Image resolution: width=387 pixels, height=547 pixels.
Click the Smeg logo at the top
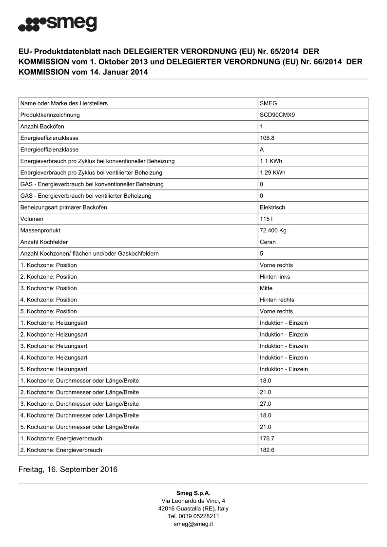(57, 24)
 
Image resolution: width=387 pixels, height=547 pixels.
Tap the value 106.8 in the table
(267, 138)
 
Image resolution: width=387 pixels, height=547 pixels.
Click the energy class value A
(262, 150)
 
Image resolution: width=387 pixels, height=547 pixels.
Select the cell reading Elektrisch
(272, 207)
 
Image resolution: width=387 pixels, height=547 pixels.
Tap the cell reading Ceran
(268, 242)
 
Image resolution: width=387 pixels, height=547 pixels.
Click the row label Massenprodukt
(40, 230)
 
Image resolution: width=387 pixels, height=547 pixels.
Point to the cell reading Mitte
(266, 288)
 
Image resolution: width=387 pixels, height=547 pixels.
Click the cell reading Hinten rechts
(277, 300)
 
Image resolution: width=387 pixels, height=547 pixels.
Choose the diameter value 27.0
(266, 404)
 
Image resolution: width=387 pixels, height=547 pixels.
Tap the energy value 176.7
(267, 438)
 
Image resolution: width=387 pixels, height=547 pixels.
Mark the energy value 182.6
(267, 450)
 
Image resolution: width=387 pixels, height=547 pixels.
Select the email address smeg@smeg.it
(193, 524)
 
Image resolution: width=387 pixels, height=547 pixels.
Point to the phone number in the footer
(193, 516)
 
